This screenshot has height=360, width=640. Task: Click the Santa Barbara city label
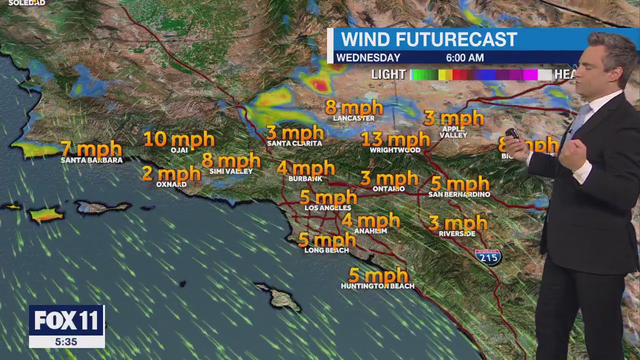pyautogui.click(x=91, y=160)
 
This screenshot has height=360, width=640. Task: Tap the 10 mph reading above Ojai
pyautogui.click(x=179, y=139)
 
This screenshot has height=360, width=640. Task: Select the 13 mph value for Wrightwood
pyautogui.click(x=395, y=139)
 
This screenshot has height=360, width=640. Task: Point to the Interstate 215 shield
pyautogui.click(x=488, y=257)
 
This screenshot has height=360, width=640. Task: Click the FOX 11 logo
pyautogui.click(x=66, y=320)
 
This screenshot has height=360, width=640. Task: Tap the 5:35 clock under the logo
pyautogui.click(x=66, y=342)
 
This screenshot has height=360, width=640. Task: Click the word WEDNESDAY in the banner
pyautogui.click(x=368, y=58)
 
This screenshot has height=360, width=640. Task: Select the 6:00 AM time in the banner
pyautogui.click(x=464, y=58)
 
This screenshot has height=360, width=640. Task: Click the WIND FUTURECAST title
pyautogui.click(x=429, y=39)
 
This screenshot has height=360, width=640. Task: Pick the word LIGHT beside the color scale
pyautogui.click(x=388, y=74)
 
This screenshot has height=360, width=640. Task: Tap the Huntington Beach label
pyautogui.click(x=377, y=286)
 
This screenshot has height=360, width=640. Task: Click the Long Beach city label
pyautogui.click(x=326, y=250)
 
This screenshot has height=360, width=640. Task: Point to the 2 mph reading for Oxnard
pyautogui.click(x=171, y=173)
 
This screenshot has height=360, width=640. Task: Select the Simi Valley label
pyautogui.click(x=231, y=171)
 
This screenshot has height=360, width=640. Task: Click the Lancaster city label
pyautogui.click(x=353, y=118)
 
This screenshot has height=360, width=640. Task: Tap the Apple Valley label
pyautogui.click(x=453, y=132)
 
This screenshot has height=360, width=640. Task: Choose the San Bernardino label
pyautogui.click(x=459, y=194)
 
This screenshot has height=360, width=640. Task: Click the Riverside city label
pyautogui.click(x=457, y=233)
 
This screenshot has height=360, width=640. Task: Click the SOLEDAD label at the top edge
pyautogui.click(x=27, y=3)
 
